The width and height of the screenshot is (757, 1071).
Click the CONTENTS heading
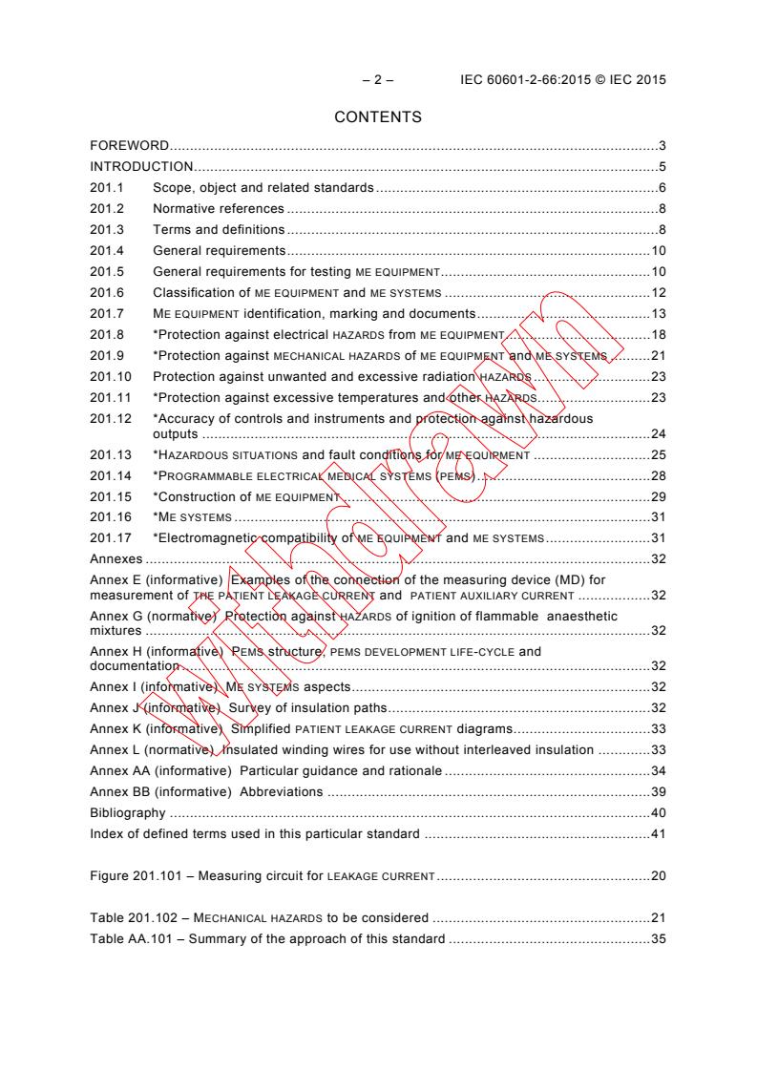pos(378,118)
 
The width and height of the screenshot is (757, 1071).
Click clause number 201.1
pos(106,188)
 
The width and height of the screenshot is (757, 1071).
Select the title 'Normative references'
pos(219,208)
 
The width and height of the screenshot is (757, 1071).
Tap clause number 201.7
pos(106,313)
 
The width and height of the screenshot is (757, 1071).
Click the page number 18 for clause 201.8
pos(658,334)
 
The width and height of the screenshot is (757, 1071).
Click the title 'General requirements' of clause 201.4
pos(220,250)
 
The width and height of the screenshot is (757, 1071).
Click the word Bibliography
pos(128,813)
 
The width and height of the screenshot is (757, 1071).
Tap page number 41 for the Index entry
pos(658,834)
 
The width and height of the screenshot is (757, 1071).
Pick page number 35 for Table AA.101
pos(658,938)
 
